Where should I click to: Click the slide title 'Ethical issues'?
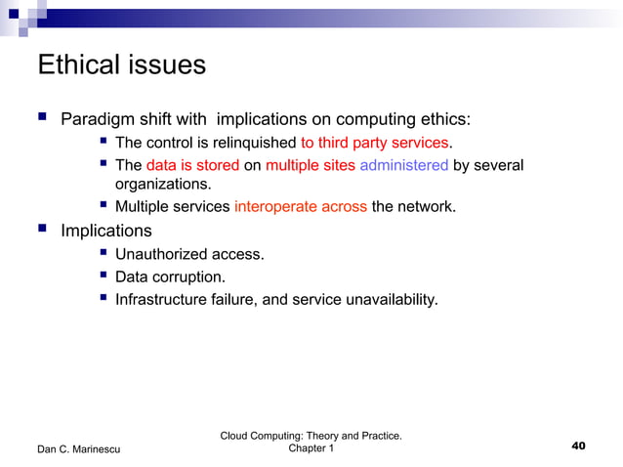click(121, 65)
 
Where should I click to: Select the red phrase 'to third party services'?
click(375, 144)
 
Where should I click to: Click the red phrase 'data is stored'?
click(192, 165)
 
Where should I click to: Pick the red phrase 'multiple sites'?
click(310, 165)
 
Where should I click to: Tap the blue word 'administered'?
click(403, 165)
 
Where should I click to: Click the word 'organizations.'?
click(162, 184)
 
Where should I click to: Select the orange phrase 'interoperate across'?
click(300, 207)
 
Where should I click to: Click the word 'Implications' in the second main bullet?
click(106, 232)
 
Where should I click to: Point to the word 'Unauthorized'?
click(161, 254)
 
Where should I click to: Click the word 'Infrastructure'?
click(163, 299)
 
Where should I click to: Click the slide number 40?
click(577, 446)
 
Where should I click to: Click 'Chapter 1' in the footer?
click(311, 448)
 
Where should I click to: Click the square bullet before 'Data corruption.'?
click(103, 276)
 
